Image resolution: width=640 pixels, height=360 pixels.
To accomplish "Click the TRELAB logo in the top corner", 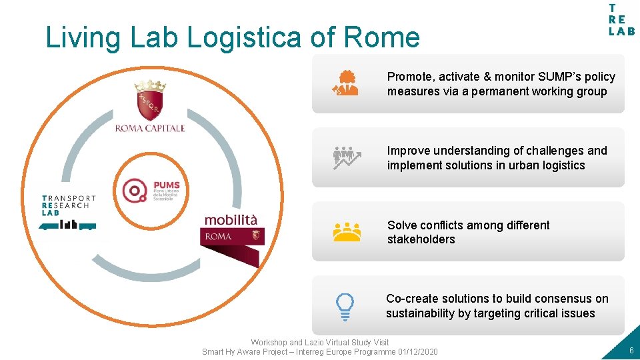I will [621, 20].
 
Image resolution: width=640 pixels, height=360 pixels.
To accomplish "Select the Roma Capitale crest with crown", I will [150, 100].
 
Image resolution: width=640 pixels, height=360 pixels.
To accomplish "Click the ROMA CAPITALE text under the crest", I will [150, 128].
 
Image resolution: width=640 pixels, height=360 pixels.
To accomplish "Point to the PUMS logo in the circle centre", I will [151, 191].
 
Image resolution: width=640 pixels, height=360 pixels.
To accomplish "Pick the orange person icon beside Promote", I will [345, 83].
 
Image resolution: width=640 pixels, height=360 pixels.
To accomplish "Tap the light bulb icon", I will [345, 307].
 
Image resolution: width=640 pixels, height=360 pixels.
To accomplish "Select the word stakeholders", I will [421, 239].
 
